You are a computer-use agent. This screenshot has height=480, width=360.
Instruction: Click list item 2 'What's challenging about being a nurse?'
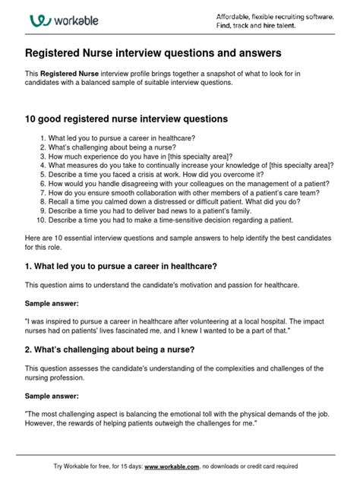click(x=119, y=147)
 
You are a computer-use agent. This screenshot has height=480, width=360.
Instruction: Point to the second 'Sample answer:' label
click(x=52, y=395)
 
